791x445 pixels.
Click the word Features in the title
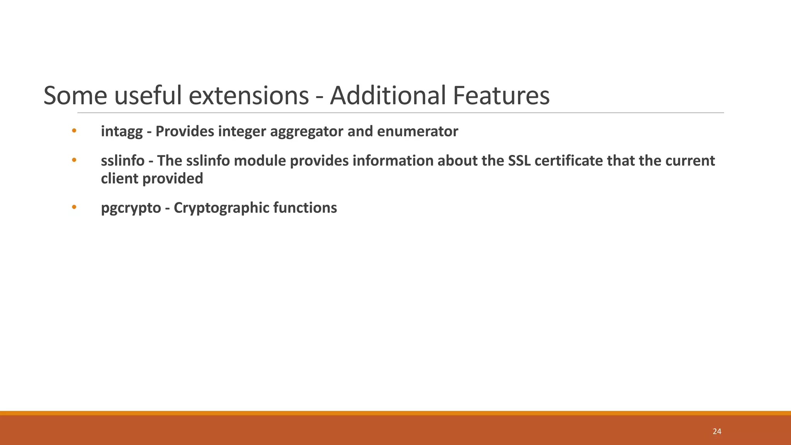coord(501,95)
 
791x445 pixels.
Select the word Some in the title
coord(75,95)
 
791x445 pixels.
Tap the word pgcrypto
coord(131,208)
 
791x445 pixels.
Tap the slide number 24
coord(717,431)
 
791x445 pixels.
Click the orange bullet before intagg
coord(74,131)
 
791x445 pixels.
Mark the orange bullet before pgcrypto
coord(74,207)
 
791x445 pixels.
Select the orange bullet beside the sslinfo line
coord(74,160)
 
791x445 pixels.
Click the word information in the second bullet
coord(392,161)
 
